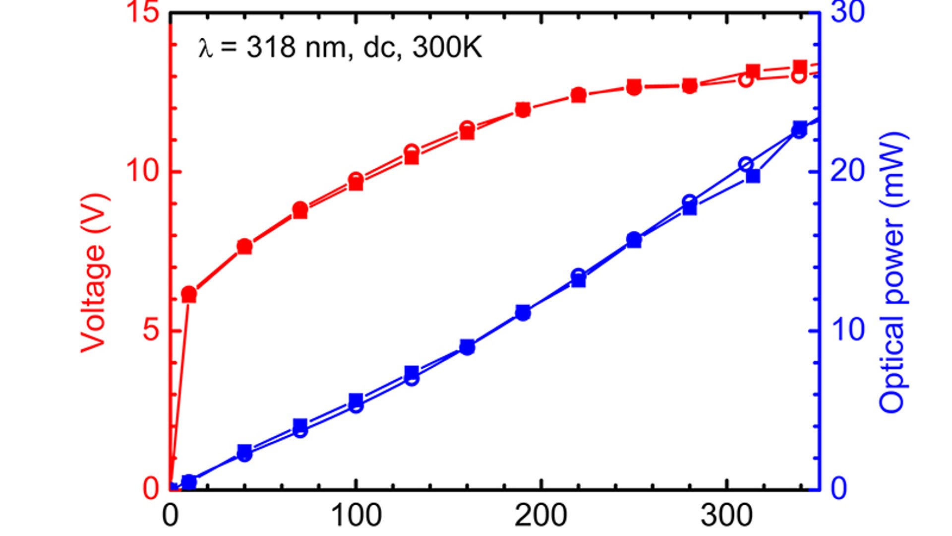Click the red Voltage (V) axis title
[x=94, y=273]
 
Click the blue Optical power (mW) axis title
[x=893, y=272]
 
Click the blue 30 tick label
[x=847, y=12]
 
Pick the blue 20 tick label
[x=847, y=171]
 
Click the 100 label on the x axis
[x=356, y=516]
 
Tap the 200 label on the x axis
[x=540, y=516]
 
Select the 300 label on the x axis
[x=726, y=516]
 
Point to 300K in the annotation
[x=447, y=48]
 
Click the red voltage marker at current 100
[x=356, y=182]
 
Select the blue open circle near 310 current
[x=746, y=165]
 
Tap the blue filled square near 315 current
[x=753, y=177]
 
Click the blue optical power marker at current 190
[x=523, y=313]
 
